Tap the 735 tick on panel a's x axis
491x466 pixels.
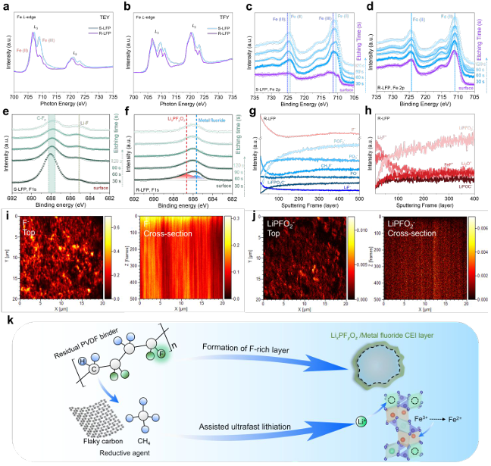(119, 96)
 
